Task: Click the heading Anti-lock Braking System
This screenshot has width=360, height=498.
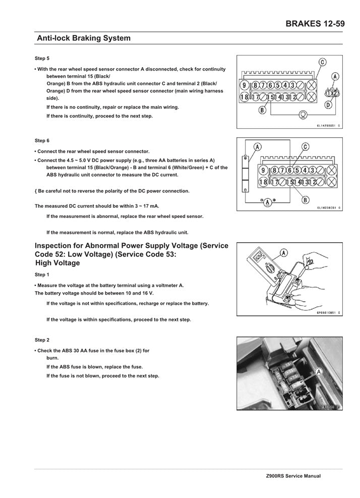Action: tap(83, 38)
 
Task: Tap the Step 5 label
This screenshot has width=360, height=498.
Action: tap(42, 59)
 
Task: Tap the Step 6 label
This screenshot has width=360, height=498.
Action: tap(42, 140)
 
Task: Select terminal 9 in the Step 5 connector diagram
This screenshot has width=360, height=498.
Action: tap(244, 85)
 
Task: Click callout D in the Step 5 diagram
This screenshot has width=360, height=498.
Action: tap(328, 105)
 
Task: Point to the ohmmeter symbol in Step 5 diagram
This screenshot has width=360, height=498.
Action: tap(303, 114)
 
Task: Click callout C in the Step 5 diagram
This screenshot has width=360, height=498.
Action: tap(322, 62)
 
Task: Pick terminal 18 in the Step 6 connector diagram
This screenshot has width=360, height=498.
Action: tap(263, 182)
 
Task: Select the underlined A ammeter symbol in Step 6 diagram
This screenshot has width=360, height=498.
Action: tap(267, 202)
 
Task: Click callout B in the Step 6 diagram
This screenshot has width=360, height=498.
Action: tap(306, 200)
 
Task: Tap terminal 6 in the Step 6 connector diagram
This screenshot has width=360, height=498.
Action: tap(290, 170)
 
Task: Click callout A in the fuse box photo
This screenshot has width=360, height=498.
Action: tap(319, 372)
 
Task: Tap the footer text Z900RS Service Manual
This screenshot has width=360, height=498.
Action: tap(293, 476)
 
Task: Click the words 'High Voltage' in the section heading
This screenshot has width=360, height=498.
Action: tap(58, 263)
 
